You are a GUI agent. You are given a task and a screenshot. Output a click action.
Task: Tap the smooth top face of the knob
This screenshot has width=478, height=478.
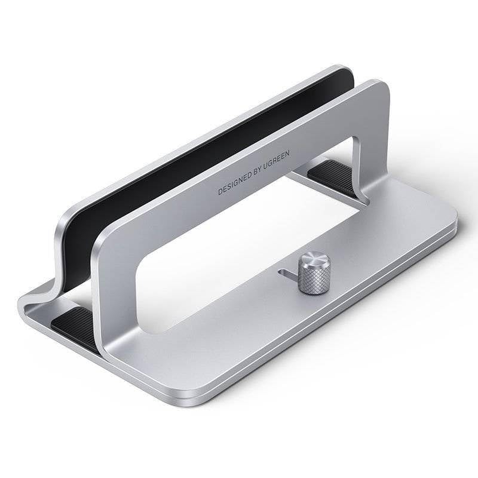(x=311, y=261)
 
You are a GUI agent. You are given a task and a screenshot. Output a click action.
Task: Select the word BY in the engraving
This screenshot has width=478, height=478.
(x=265, y=170)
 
